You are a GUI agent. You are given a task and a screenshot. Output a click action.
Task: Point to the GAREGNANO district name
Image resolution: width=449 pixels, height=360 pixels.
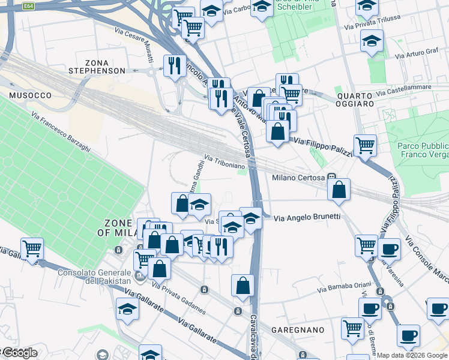[x=297, y=330]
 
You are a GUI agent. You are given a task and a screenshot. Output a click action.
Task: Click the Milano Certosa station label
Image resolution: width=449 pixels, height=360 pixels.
[x=298, y=178]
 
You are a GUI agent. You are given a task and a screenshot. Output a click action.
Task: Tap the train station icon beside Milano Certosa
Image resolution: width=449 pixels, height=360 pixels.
[x=331, y=178]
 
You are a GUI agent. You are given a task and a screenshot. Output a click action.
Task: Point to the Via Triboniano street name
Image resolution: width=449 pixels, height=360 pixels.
[x=225, y=161]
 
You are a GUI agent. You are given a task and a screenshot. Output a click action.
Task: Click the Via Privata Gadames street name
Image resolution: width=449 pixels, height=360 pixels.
[x=179, y=298]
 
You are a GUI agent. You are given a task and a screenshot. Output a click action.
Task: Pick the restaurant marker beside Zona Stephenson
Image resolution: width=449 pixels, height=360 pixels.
[x=174, y=65]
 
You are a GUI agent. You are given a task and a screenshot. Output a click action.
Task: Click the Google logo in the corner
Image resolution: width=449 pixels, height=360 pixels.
[x=19, y=353]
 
